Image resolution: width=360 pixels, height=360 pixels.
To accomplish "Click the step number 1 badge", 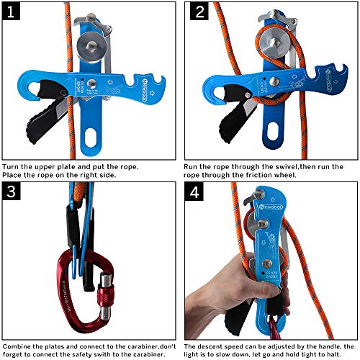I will pyautogui.click(x=12, y=12).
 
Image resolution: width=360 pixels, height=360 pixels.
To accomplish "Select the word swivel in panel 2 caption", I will pyautogui.click(x=267, y=166).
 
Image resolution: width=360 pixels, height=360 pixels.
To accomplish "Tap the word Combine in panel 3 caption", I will pyautogui.click(x=20, y=346).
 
